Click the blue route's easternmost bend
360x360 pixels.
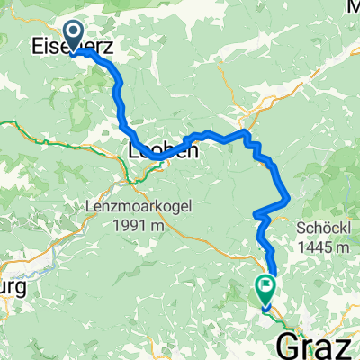tap(288, 197)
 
